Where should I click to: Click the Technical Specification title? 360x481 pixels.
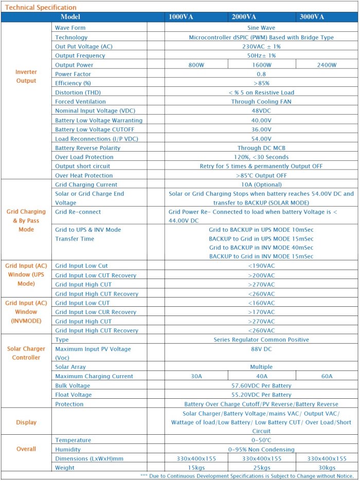[x=40, y=7]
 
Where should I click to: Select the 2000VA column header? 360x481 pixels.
[x=244, y=17]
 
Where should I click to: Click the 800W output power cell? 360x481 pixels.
[x=196, y=65]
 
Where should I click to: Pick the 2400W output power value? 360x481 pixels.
[x=327, y=65]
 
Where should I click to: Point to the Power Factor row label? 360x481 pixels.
[x=74, y=74]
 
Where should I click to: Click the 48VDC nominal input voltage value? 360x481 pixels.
[x=261, y=111]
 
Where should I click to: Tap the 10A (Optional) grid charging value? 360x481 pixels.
[x=261, y=184]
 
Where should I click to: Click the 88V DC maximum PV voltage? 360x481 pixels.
[x=261, y=349]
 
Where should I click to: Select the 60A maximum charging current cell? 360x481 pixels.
[x=327, y=376]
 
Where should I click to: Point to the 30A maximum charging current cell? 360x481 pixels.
[x=196, y=376]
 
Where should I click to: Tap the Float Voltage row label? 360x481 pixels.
[x=74, y=395]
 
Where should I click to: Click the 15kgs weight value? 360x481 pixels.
[x=196, y=468]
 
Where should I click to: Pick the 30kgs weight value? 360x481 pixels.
[x=327, y=468]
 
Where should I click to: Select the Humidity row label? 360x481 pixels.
[x=68, y=449]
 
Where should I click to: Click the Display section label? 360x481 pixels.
[x=26, y=422]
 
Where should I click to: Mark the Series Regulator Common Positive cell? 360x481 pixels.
[x=261, y=340]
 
